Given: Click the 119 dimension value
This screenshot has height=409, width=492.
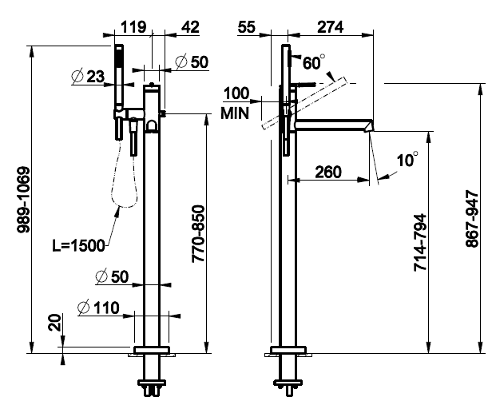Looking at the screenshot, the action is coord(133,26).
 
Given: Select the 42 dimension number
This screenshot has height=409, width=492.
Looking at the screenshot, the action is coord(190,26).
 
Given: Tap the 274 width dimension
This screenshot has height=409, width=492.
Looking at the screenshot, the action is coord(331,26).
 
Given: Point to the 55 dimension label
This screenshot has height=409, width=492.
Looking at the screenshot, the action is coord(246,26).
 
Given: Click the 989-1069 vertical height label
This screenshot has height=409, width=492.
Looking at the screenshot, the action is coord(24,200).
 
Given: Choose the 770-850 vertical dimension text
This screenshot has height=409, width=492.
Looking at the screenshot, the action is coord(198,234).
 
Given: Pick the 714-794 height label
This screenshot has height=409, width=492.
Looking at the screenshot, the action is coord(420,242).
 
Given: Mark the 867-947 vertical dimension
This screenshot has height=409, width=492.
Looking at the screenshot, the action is coord(473,218).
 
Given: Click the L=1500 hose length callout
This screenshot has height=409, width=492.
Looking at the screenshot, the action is coord(78,245).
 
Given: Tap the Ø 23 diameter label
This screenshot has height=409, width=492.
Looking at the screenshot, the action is coord(88,76).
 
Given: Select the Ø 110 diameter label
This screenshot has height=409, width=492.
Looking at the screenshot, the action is coord(98,308).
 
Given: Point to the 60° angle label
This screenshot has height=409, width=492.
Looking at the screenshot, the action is coord(314,62).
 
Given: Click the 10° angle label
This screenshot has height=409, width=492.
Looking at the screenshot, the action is coord(407,160).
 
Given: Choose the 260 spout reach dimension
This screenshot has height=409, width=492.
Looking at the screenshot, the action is coord(328,172).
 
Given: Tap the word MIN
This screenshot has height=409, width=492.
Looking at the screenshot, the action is coord(235,113).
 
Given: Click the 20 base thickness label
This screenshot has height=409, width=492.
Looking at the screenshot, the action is coord(55,322).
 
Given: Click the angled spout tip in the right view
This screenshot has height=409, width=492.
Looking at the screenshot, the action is coord(369,126).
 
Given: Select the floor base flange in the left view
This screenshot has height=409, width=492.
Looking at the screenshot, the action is coord(152,350).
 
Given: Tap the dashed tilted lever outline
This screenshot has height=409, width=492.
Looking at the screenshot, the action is coord(304,103).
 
